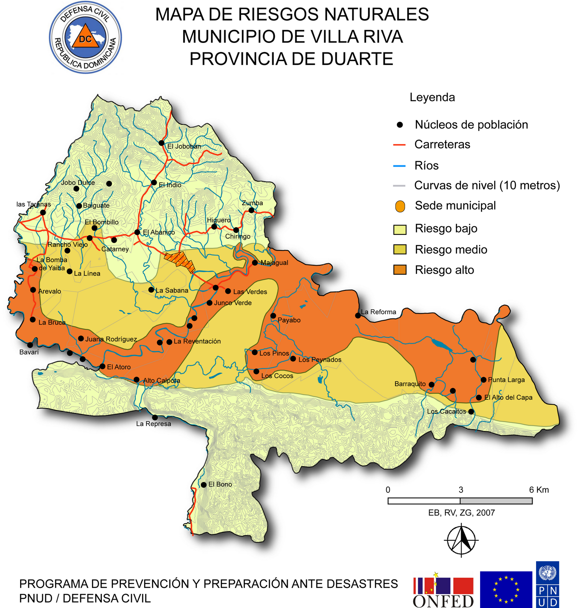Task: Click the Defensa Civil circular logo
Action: [85, 37]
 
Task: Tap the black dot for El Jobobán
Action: [161, 143]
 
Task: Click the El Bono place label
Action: [220, 484]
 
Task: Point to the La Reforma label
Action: [378, 312]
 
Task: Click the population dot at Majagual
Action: [255, 263]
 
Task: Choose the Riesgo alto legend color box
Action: [400, 270]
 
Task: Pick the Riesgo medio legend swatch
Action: [400, 250]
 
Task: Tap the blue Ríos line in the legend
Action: [399, 166]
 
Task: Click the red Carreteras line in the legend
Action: [399, 145]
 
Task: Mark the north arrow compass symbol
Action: [462, 540]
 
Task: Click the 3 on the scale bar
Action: [461, 490]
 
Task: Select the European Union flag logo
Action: [506, 589]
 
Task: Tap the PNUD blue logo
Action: [547, 584]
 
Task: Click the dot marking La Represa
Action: [155, 417]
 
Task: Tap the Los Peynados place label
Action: [320, 359]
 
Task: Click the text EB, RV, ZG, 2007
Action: [462, 513]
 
